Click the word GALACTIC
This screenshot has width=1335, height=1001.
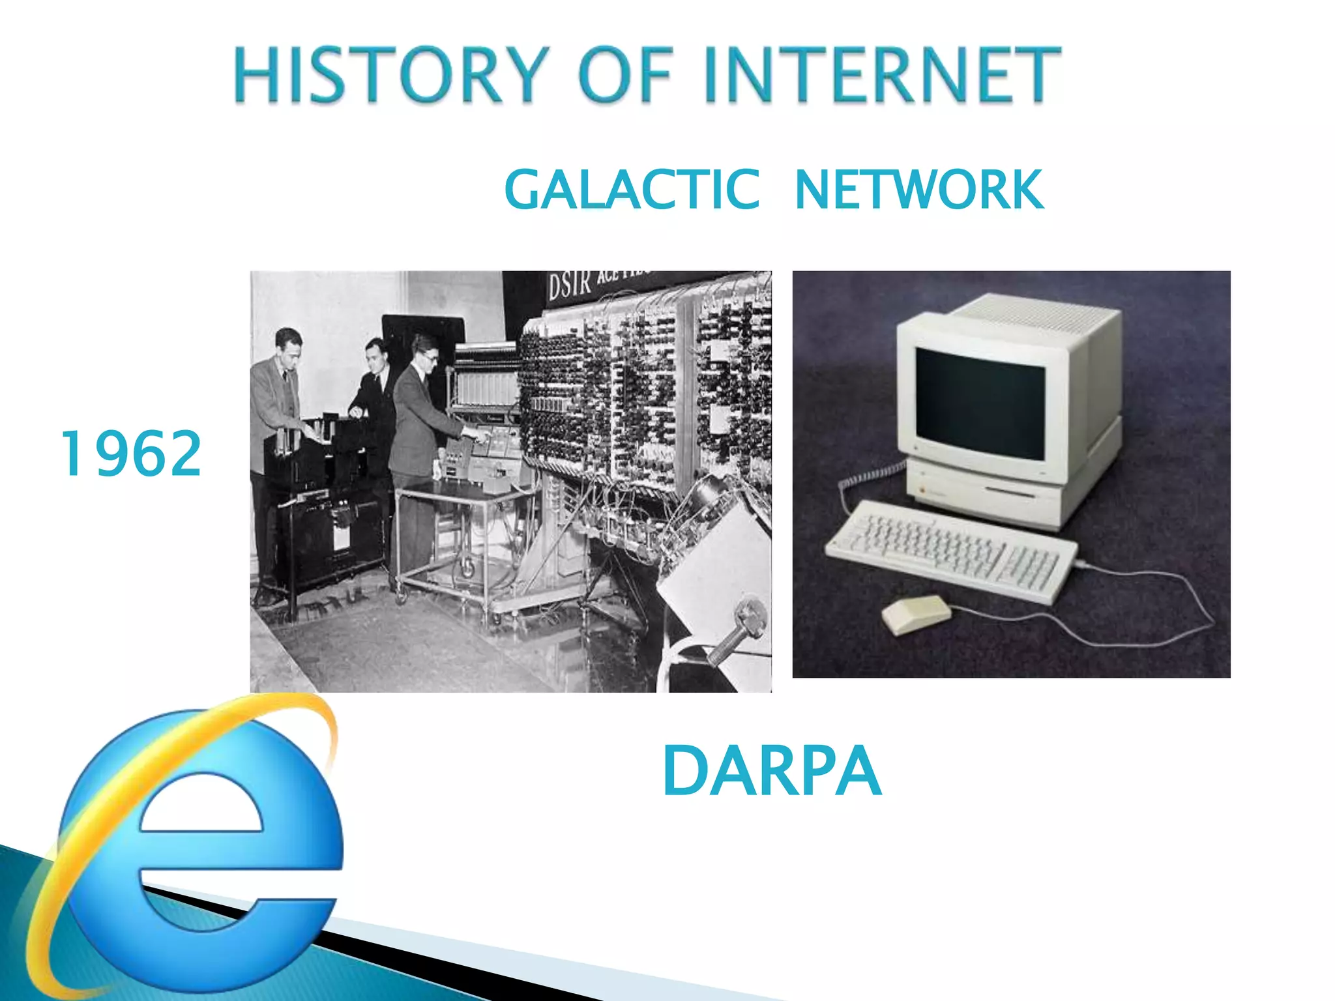pos(632,190)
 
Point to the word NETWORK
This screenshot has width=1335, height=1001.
pos(919,190)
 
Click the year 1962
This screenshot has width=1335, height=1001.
pos(130,454)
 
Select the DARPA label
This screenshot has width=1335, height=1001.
pos(772,772)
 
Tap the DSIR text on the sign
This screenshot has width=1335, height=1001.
pos(568,285)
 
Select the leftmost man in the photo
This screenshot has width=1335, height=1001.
pos(277,417)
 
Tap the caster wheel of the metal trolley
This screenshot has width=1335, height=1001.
pos(467,567)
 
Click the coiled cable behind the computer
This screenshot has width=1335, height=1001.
pos(877,476)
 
